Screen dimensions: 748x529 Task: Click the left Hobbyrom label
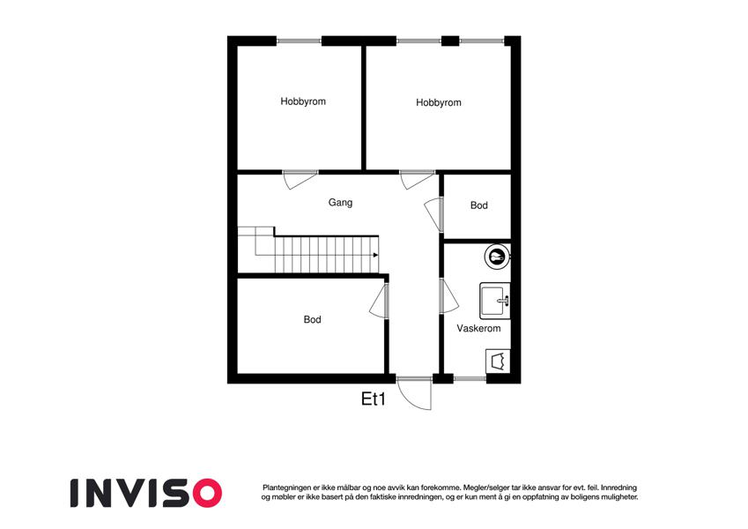click(303, 101)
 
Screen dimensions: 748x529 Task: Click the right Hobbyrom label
click(439, 102)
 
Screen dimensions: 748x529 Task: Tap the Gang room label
click(340, 203)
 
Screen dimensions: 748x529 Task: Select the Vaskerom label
click(478, 329)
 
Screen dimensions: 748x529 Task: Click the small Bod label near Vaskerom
click(479, 205)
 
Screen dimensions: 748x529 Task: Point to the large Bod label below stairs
click(313, 319)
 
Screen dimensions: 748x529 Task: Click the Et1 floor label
click(373, 399)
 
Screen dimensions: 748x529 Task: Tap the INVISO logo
click(146, 493)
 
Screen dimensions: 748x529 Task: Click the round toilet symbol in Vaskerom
click(498, 257)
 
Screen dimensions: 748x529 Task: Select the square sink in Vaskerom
click(494, 301)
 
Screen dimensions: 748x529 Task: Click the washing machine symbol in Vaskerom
click(498, 361)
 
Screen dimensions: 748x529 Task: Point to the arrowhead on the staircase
click(376, 255)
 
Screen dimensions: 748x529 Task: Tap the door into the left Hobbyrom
click(300, 180)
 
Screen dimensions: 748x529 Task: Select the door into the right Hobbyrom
click(417, 180)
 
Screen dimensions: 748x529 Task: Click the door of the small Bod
click(433, 214)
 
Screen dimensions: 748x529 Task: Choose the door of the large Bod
click(379, 301)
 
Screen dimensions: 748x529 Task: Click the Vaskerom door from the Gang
click(449, 296)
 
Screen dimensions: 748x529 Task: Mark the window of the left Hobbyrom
click(299, 41)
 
